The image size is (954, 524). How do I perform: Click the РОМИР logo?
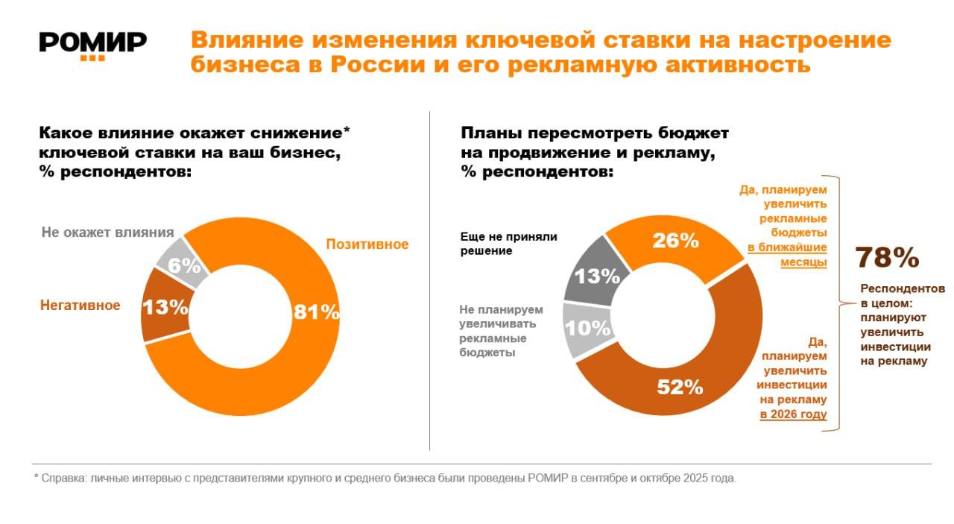pyautogui.click(x=92, y=43)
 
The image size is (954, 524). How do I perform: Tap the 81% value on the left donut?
pyautogui.click(x=316, y=312)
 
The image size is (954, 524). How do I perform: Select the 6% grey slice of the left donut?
pyautogui.click(x=183, y=265)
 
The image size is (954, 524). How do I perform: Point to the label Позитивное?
pyautogui.click(x=367, y=244)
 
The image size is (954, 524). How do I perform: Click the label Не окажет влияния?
pyautogui.click(x=107, y=232)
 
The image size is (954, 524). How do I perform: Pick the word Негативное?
pyautogui.click(x=80, y=305)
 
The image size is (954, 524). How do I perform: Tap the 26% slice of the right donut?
pyautogui.click(x=675, y=241)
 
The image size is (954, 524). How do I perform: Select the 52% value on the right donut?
pyautogui.click(x=679, y=387)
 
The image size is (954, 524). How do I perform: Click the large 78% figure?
pyautogui.click(x=886, y=257)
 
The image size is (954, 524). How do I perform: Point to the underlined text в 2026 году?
pyautogui.click(x=793, y=414)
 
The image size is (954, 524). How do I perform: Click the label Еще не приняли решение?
pyautogui.click(x=508, y=244)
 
